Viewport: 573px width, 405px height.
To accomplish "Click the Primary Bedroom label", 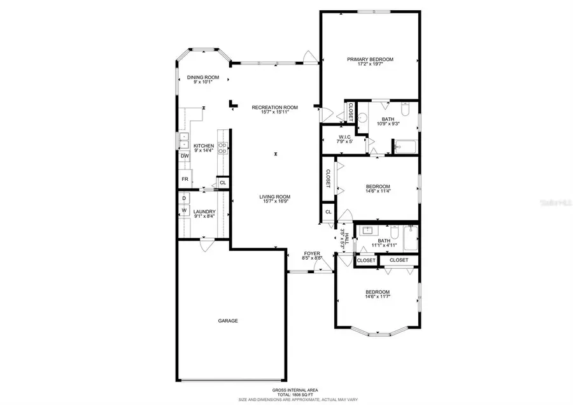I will (x=370, y=59).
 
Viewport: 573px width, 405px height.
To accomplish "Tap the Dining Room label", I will (x=199, y=77).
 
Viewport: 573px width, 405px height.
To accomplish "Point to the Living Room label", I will (x=274, y=197).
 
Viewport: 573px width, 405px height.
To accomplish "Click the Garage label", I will (x=228, y=320).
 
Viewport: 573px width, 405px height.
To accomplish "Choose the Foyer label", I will (x=312, y=253).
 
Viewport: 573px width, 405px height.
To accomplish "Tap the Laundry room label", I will (x=204, y=211).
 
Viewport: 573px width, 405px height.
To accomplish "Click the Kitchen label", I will (x=204, y=146).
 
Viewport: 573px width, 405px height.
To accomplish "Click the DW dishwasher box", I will (x=185, y=156).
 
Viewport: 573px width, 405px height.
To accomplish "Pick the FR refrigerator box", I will (x=185, y=179).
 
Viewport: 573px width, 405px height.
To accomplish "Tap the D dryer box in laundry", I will (x=184, y=198).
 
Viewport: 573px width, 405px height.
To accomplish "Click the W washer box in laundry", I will (x=184, y=210).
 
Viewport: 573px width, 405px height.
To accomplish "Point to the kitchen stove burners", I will (x=223, y=148).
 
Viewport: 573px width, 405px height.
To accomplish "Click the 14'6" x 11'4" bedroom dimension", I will (x=378, y=190).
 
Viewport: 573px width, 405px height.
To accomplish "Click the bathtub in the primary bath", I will (x=405, y=148).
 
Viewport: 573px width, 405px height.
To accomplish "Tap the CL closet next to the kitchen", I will (x=222, y=183).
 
